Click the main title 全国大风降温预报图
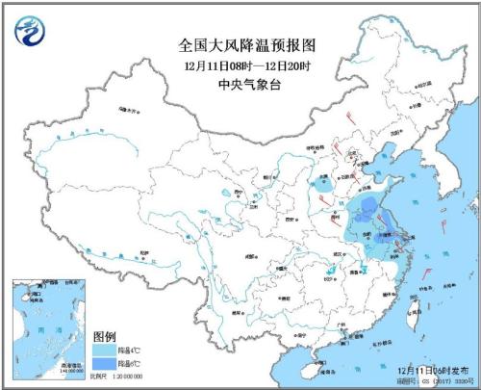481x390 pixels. click(240, 44)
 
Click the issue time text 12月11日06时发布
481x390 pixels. click(429, 369)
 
